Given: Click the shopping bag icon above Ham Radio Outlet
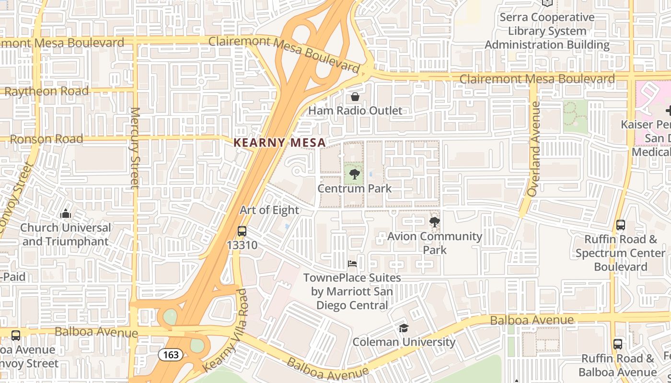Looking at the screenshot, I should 355,97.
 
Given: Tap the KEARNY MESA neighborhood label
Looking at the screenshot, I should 279,143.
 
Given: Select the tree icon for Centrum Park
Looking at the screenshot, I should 355,174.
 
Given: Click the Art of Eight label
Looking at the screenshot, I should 269,210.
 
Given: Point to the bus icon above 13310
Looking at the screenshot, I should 242,231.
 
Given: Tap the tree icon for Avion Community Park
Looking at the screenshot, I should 435,222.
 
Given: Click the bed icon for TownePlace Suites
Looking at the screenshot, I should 352,264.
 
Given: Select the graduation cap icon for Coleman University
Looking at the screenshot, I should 404,328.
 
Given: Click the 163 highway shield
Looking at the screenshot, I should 171,355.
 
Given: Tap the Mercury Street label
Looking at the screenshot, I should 135,148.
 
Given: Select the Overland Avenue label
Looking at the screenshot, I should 533,149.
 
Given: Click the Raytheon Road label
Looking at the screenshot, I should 46,91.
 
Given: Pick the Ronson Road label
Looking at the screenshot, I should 46,139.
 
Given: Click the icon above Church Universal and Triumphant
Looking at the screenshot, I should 66,214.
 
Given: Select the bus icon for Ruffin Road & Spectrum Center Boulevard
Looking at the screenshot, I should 621,225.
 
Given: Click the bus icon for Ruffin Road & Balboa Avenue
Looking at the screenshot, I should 618,344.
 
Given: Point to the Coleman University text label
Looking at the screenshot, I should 404,342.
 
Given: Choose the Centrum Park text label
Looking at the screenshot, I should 355,189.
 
